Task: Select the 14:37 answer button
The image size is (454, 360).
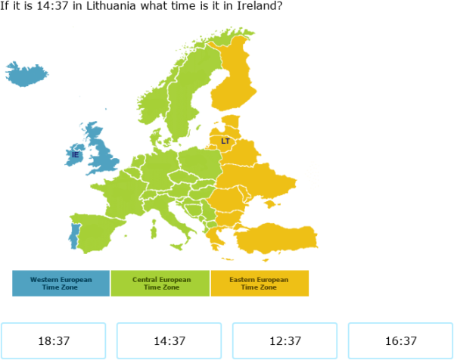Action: (x=169, y=341)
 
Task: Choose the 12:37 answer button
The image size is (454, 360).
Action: (x=285, y=341)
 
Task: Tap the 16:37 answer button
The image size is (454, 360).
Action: (x=400, y=341)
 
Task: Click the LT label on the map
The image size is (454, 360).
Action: (x=225, y=141)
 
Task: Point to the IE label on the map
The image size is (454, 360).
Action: (x=75, y=155)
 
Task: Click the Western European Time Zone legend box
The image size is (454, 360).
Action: (x=61, y=283)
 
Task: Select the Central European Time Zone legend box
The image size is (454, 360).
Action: (x=160, y=283)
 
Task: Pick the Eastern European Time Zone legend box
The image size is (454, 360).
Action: (x=260, y=283)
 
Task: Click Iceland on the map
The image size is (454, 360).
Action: (x=26, y=74)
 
